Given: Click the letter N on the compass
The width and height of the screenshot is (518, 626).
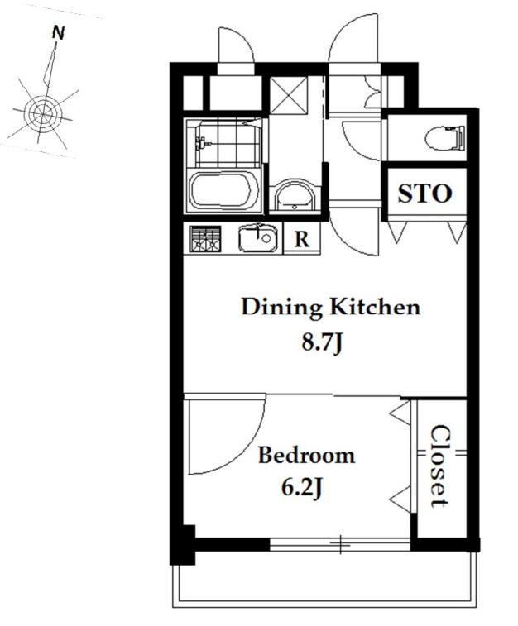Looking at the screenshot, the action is pyautogui.click(x=58, y=33).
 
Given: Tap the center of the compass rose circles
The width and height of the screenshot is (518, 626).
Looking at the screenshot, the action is pyautogui.click(x=42, y=112).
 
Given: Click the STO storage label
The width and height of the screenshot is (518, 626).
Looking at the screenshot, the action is pyautogui.click(x=425, y=194).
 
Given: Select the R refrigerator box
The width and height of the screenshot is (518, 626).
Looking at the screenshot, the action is pyautogui.click(x=301, y=238).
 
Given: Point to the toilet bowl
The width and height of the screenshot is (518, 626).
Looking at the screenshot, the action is pyautogui.click(x=444, y=138).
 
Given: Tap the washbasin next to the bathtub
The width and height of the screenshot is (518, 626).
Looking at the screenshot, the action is pyautogui.click(x=295, y=196).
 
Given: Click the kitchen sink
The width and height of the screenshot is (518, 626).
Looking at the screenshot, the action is pyautogui.click(x=258, y=238).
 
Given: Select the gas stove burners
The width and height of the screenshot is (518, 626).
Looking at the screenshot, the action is pyautogui.click(x=205, y=239).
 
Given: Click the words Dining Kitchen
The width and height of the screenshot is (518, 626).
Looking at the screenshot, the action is pyautogui.click(x=331, y=308).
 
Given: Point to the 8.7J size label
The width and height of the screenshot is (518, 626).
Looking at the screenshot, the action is pyautogui.click(x=322, y=342).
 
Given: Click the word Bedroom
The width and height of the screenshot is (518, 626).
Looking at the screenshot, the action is pyautogui.click(x=306, y=456).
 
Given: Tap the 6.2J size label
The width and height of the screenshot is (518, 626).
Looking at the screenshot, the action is pyautogui.click(x=302, y=487).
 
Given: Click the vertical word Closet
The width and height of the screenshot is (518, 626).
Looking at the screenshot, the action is pyautogui.click(x=441, y=466).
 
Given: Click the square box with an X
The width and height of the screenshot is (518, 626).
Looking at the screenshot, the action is pyautogui.click(x=289, y=93).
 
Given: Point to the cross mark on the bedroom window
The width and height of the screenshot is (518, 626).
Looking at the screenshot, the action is pyautogui.click(x=340, y=544).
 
